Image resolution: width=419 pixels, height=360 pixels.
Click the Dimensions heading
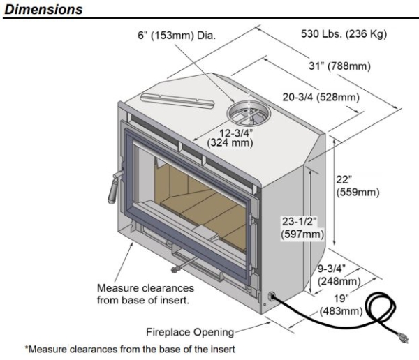coord(43,8)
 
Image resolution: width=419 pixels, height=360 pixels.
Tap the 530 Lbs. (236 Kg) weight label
coord(337,34)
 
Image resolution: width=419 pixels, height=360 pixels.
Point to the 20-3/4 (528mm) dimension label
coord(321,98)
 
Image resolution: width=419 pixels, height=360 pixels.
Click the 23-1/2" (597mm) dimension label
coord(300,227)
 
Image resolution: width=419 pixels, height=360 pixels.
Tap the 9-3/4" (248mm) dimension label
coord(339,275)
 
